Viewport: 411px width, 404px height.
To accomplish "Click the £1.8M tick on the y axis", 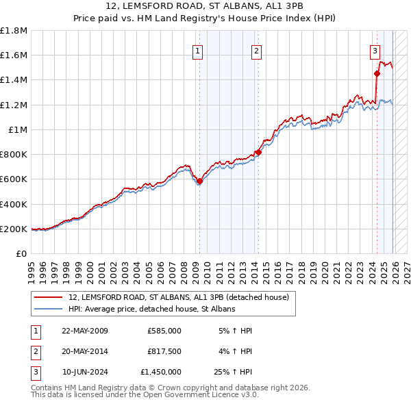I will [14, 31].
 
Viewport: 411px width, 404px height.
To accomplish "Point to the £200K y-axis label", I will [14, 229].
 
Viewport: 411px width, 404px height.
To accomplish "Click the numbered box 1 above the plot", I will [198, 50].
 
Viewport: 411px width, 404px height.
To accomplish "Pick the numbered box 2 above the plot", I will [256, 50].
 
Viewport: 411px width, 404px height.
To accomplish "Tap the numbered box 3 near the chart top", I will [375, 50].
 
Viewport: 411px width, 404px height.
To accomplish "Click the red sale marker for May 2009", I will [199, 181].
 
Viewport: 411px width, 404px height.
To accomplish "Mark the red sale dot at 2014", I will [258, 153].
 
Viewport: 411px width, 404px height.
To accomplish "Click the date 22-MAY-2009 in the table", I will [85, 331].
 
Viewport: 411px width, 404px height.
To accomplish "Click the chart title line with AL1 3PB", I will [206, 7].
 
